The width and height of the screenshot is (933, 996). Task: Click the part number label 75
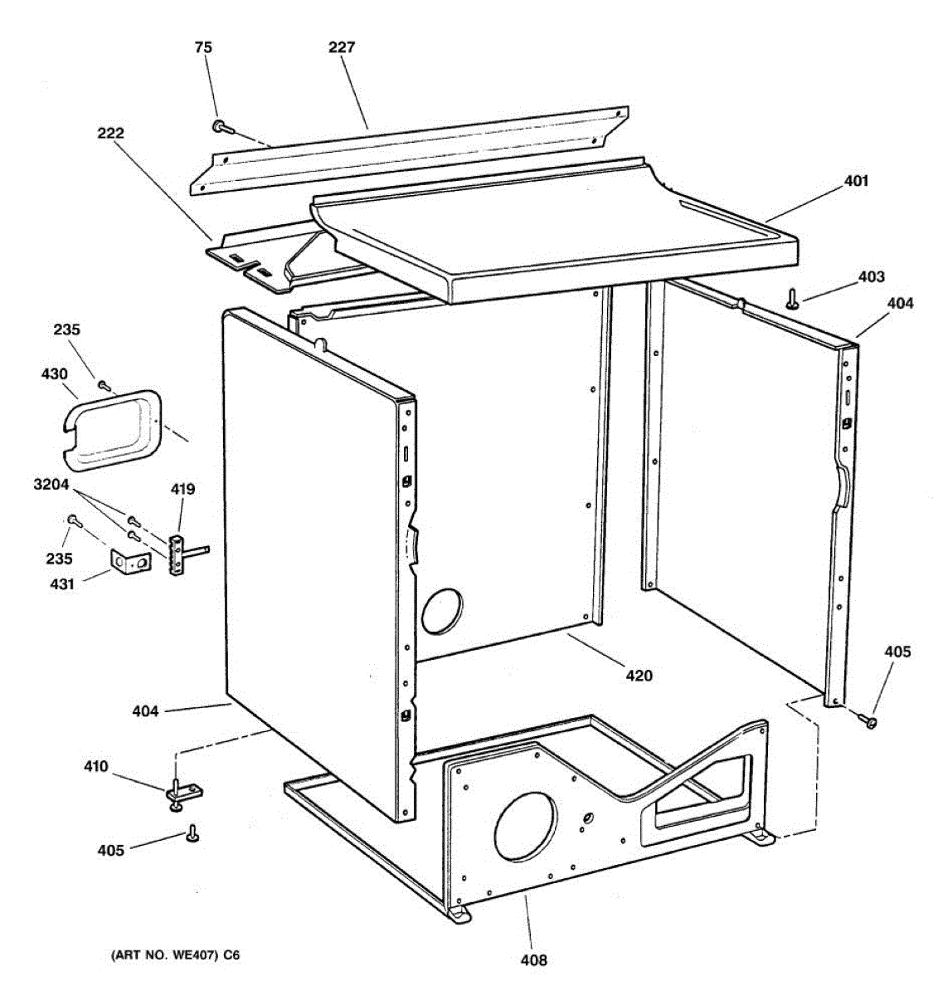click(203, 47)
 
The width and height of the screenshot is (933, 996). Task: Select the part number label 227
click(341, 47)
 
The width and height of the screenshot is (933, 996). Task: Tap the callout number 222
click(109, 133)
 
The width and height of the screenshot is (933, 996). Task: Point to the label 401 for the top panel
click(856, 180)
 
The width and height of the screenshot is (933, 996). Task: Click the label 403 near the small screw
click(871, 276)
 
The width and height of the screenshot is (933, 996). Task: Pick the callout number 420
click(639, 676)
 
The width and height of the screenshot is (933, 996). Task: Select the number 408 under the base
click(533, 960)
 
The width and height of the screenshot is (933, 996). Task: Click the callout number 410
click(95, 766)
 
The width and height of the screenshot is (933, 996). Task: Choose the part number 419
click(182, 489)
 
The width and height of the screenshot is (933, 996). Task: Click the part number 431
click(61, 583)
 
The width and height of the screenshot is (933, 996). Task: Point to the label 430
click(55, 374)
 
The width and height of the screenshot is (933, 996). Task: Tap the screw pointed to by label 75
click(221, 126)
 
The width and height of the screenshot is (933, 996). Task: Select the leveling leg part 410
click(177, 791)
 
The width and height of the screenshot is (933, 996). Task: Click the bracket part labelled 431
click(131, 562)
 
